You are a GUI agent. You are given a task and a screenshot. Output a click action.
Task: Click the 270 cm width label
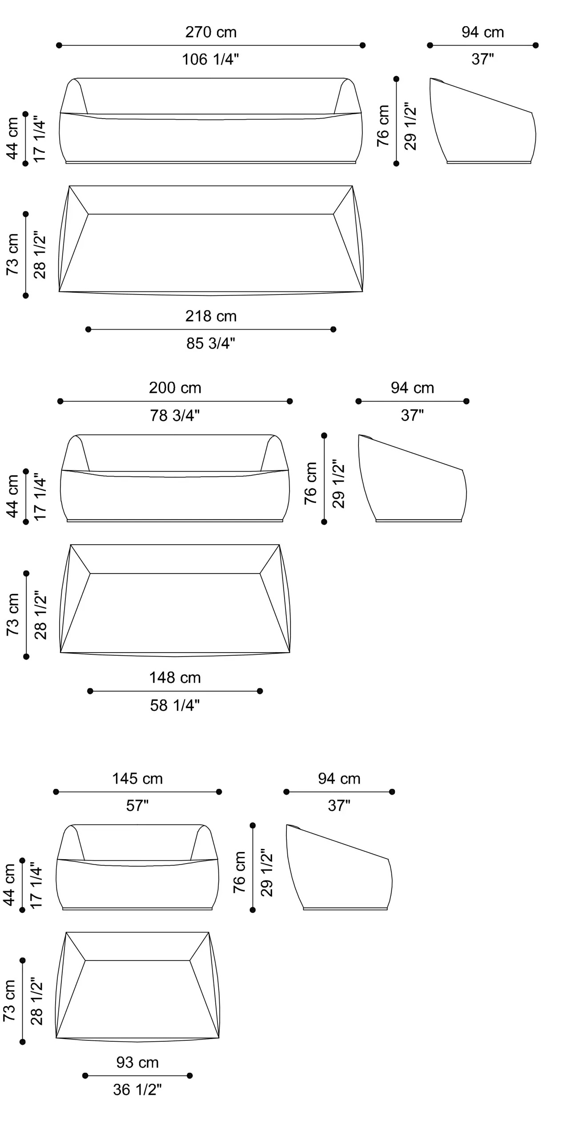click(x=211, y=32)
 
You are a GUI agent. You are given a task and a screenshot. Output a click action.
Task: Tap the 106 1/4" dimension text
click(x=210, y=59)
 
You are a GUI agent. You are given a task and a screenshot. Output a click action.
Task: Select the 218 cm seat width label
click(x=211, y=316)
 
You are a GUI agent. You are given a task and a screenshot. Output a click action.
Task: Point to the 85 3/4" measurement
click(x=211, y=343)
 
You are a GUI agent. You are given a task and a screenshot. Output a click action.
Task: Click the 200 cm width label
click(x=175, y=388)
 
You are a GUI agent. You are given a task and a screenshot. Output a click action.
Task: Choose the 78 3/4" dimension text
click(x=175, y=415)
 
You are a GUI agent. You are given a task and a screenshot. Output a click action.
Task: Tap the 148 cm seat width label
click(x=175, y=677)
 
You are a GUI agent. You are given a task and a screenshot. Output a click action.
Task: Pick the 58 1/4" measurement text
click(x=175, y=705)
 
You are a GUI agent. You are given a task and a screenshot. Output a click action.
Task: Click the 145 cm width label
click(x=137, y=779)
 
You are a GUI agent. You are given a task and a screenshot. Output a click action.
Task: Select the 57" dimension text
click(x=137, y=805)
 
